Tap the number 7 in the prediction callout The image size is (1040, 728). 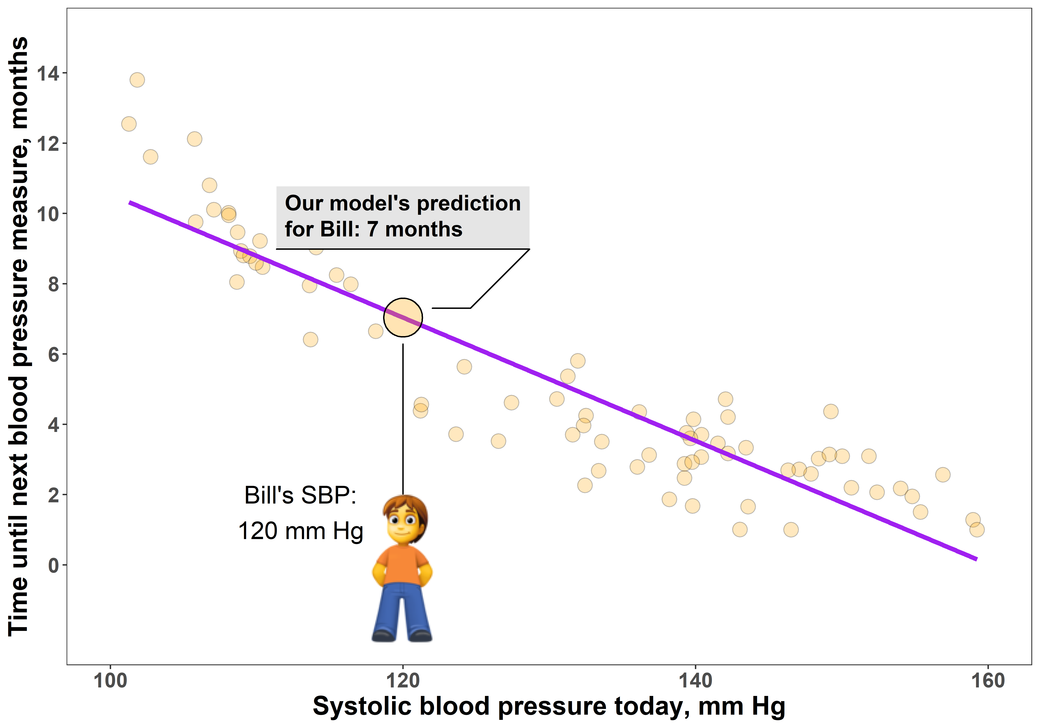(x=372, y=229)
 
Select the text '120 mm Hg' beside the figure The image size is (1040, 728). (x=301, y=531)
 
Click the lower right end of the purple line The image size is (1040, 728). (x=976, y=559)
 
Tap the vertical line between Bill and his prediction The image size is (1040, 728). (x=403, y=417)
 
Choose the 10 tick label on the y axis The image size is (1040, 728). (x=47, y=214)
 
